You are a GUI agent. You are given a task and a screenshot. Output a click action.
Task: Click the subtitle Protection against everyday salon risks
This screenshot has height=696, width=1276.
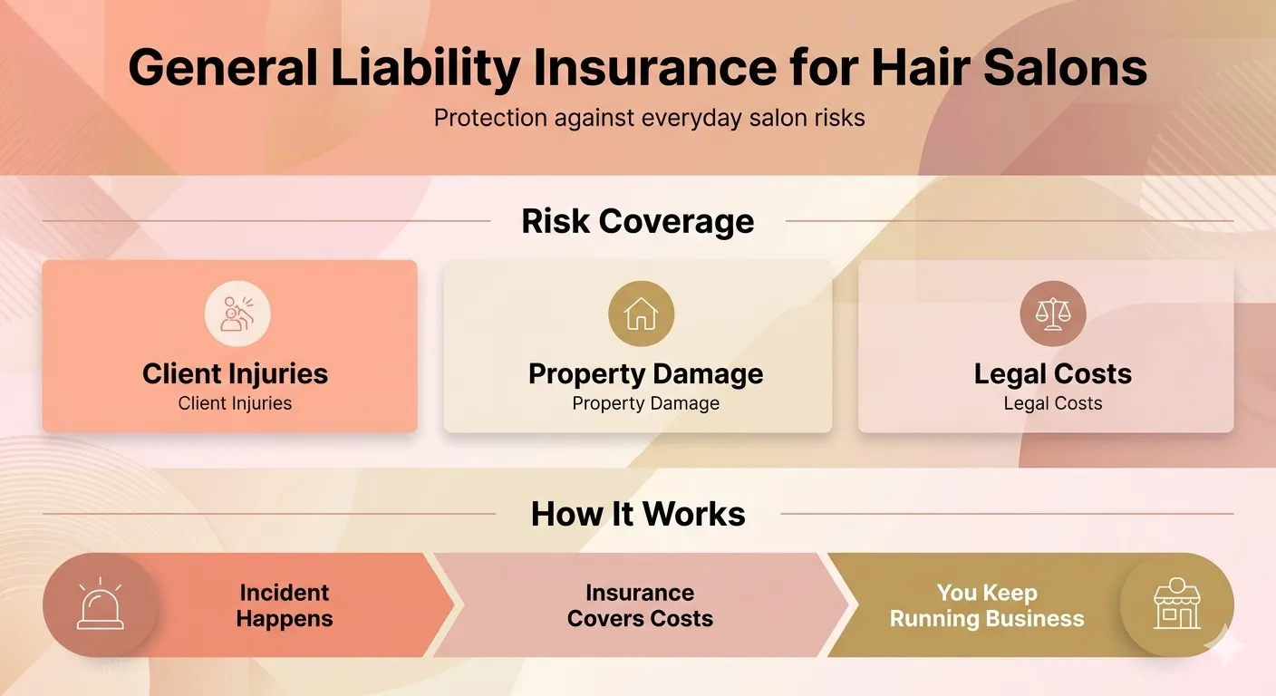(649, 118)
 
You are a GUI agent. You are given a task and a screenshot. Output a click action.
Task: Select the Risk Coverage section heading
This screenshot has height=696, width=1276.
(638, 221)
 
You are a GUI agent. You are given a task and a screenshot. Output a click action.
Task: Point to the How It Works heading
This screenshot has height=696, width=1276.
(638, 514)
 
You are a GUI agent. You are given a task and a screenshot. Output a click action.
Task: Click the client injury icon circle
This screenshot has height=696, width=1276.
(237, 314)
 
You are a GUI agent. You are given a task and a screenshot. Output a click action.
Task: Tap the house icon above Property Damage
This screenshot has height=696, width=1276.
(641, 314)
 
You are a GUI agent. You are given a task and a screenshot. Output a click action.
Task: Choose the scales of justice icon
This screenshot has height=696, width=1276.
(1052, 314)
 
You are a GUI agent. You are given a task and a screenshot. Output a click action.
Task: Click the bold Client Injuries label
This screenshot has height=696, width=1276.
(235, 373)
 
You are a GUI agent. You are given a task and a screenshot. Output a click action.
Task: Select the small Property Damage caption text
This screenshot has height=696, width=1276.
(645, 403)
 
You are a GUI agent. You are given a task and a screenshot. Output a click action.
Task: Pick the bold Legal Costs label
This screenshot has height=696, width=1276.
(1052, 373)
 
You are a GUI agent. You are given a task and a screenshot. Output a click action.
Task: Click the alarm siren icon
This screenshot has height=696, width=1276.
(100, 605)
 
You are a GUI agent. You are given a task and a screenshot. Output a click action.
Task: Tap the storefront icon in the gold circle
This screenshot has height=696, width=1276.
(1176, 604)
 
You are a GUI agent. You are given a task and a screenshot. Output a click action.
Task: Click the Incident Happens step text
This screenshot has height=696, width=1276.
(285, 605)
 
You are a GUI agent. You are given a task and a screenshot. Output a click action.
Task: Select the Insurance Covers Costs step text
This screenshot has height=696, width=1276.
(640, 605)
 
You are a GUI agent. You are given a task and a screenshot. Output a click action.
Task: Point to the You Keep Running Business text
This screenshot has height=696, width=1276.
(987, 605)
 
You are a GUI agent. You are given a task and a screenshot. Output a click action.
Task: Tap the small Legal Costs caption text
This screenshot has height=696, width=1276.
(1052, 403)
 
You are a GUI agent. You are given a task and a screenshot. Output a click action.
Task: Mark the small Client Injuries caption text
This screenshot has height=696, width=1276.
(235, 403)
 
